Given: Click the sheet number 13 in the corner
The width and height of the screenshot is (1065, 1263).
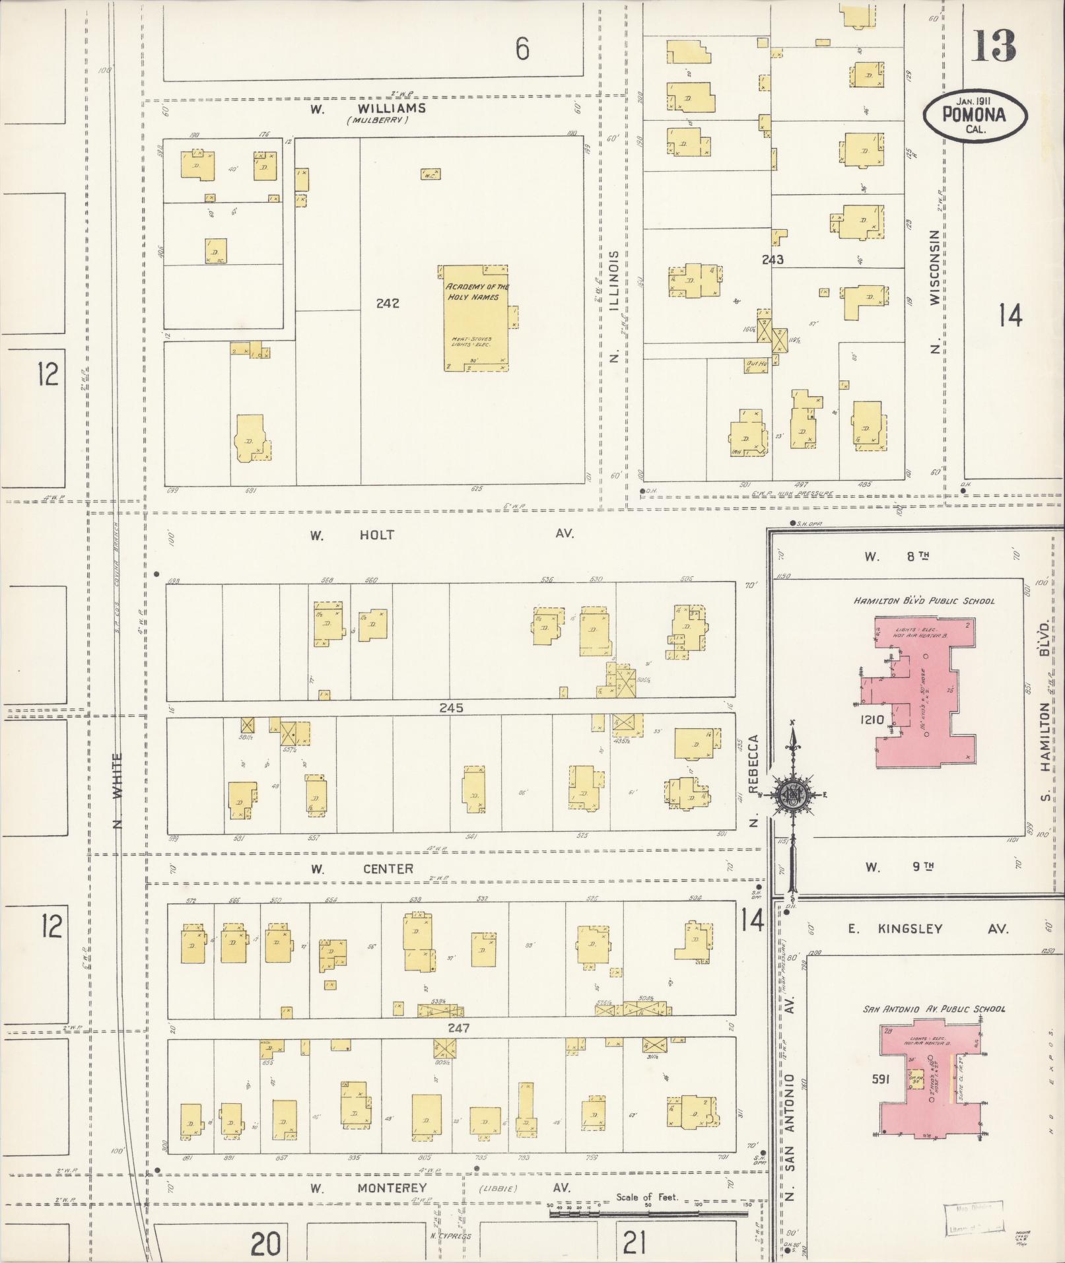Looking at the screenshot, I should click(993, 46).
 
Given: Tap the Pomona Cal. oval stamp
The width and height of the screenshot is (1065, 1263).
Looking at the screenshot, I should click(975, 116).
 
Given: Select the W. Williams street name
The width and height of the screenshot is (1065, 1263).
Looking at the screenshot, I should click(370, 109).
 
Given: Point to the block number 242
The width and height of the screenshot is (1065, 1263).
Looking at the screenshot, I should click(388, 304).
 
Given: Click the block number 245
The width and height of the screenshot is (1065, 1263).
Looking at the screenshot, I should click(451, 708).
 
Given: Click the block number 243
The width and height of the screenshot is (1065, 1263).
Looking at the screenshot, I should click(772, 259).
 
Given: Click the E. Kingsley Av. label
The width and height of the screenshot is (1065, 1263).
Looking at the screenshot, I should click(928, 929).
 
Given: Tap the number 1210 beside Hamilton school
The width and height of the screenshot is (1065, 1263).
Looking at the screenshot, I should click(872, 719).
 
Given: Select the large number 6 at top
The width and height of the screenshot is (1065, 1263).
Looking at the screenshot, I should click(522, 49).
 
